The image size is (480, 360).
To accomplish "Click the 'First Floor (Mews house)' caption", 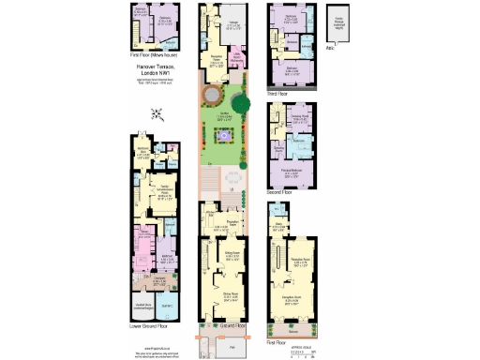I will pos(155,56).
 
